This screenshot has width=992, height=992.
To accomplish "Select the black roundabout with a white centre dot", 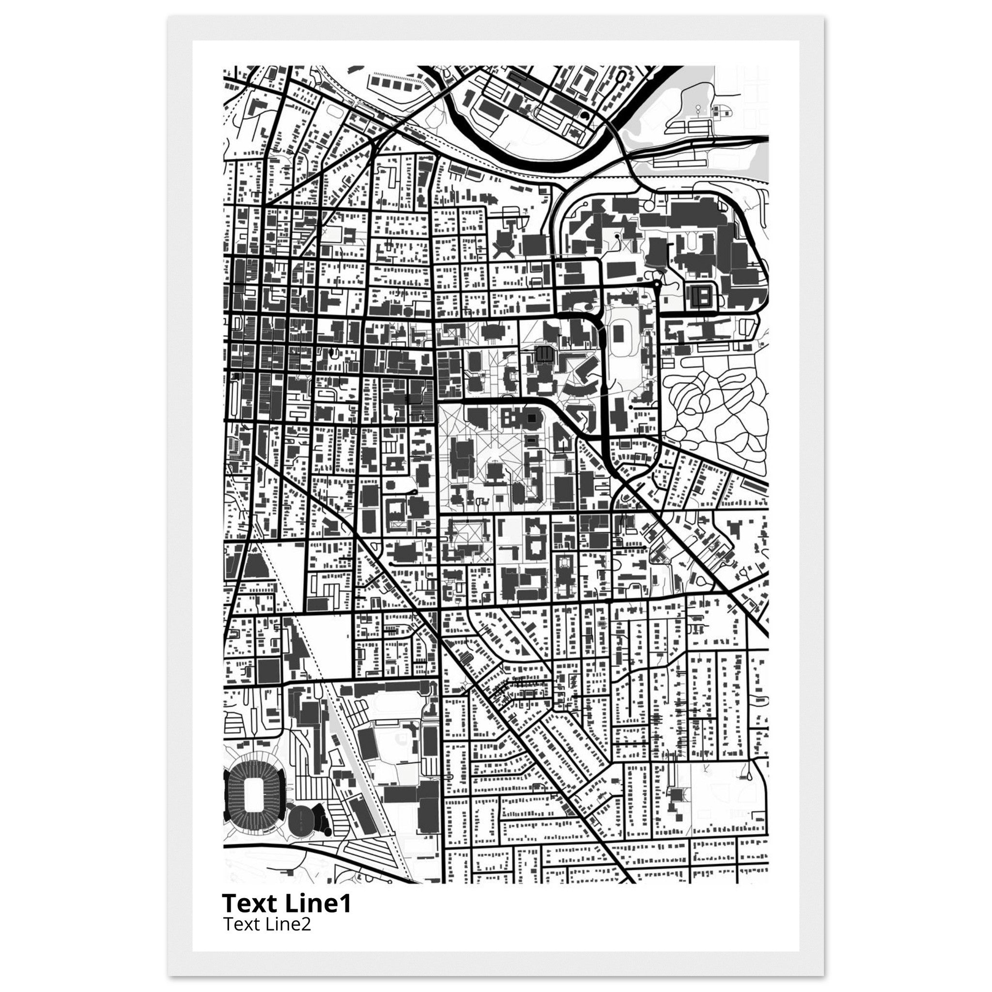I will coord(657,284).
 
